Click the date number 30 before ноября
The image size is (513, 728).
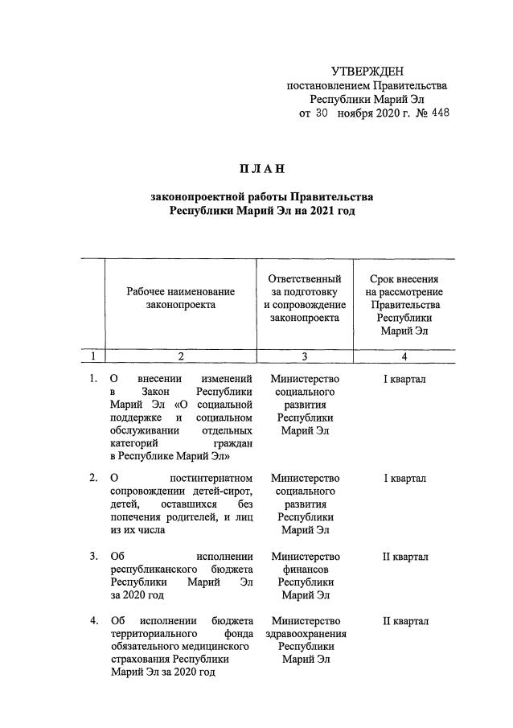[x=321, y=113]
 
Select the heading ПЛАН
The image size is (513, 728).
[x=261, y=168]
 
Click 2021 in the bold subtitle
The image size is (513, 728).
[x=319, y=211]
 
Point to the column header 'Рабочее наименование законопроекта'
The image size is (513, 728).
[x=181, y=298]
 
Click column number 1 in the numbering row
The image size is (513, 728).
[x=93, y=356]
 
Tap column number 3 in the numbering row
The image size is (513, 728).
[x=305, y=356]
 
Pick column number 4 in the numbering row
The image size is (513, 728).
[x=404, y=356]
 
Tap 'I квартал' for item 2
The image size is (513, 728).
[x=404, y=479]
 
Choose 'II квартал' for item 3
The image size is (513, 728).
[x=404, y=557]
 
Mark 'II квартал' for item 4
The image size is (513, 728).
[x=404, y=622]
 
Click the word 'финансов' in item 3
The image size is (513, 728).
[x=305, y=570]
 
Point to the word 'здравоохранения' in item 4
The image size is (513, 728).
[x=305, y=635]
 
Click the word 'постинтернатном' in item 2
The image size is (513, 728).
[x=212, y=479]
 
